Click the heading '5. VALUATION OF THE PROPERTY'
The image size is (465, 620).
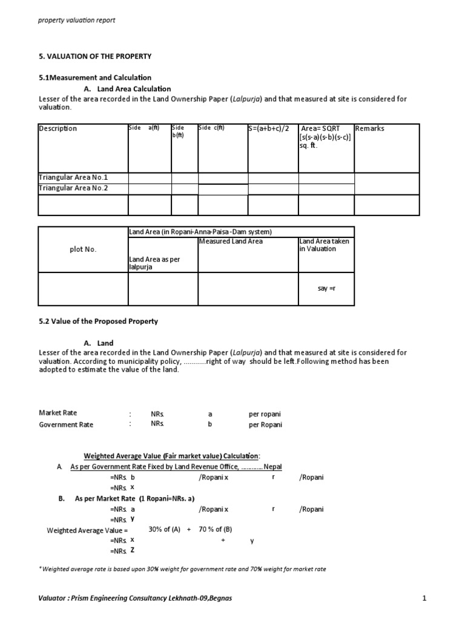click(x=95, y=56)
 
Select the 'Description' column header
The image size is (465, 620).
click(x=58, y=128)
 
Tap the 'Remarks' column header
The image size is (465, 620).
click(x=370, y=128)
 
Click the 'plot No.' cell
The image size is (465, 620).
click(x=82, y=249)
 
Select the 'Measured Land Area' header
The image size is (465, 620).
click(x=231, y=242)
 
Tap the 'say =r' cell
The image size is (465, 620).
click(x=326, y=288)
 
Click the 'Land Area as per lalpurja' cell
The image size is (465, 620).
click(x=155, y=263)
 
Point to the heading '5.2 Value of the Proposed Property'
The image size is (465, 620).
click(x=98, y=322)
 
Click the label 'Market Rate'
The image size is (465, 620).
click(x=58, y=414)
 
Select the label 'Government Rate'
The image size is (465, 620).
click(x=66, y=424)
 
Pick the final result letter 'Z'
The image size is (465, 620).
click(x=132, y=550)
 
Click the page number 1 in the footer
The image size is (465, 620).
click(x=424, y=599)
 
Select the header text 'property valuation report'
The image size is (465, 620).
click(x=77, y=20)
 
